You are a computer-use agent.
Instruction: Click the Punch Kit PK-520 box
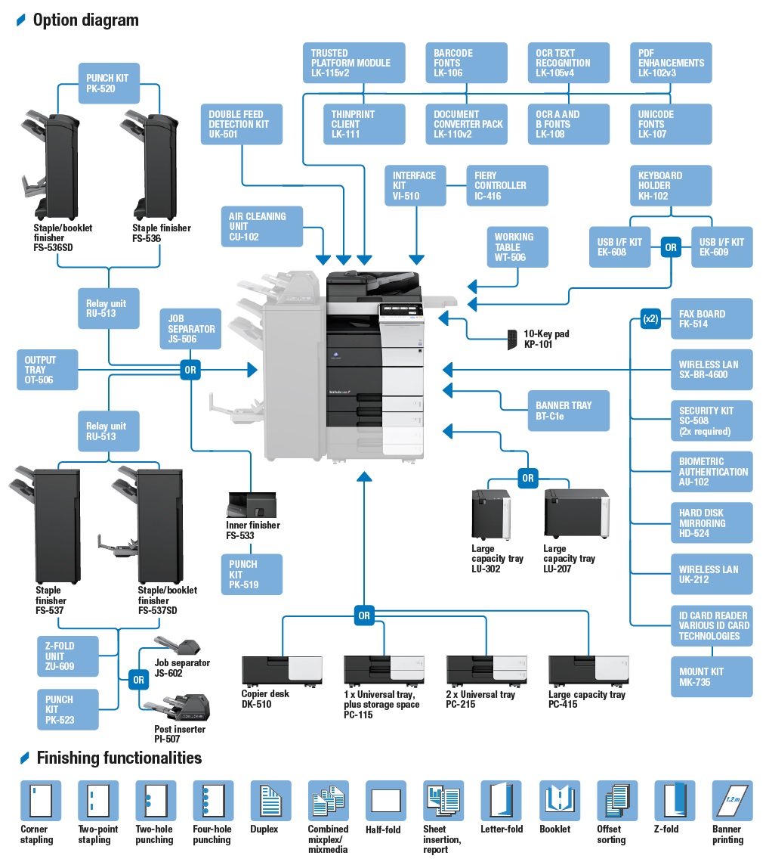108,83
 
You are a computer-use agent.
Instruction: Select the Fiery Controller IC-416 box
506,185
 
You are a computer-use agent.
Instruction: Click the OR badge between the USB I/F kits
670,247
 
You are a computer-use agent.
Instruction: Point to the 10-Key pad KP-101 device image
513,338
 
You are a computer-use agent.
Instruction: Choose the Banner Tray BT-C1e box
568,411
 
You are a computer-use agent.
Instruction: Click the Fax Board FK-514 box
711,318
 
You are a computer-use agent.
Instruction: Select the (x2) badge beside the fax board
650,318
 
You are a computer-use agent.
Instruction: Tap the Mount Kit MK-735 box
711,676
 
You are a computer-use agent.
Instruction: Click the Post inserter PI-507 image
181,708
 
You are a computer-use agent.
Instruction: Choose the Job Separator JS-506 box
191,329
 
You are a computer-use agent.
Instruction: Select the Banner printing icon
732,801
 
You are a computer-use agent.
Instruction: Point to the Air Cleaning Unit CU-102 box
262,226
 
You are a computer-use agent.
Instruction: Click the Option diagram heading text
85,20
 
